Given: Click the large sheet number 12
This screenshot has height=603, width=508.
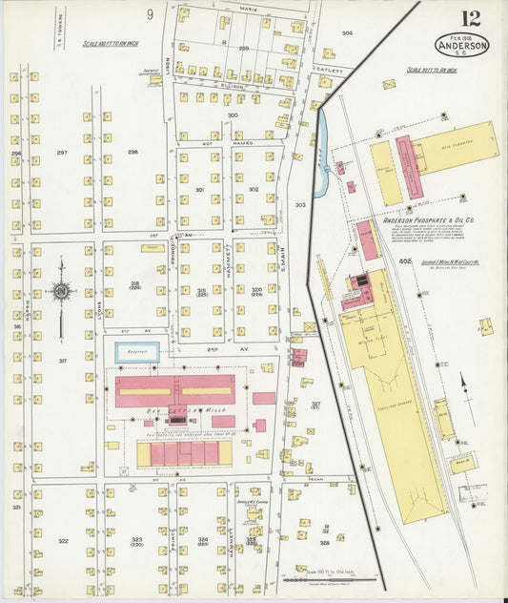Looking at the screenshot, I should click(471, 18).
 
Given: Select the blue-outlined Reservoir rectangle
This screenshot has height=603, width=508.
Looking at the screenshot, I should click(136, 352).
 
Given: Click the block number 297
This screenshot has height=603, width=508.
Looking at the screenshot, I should click(62, 153).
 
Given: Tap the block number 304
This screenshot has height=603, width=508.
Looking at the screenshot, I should click(347, 33).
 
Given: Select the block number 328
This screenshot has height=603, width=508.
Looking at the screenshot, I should click(324, 542).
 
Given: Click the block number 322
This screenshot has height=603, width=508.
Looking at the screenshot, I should click(63, 541).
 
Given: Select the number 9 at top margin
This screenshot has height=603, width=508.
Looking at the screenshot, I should click(150, 13).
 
